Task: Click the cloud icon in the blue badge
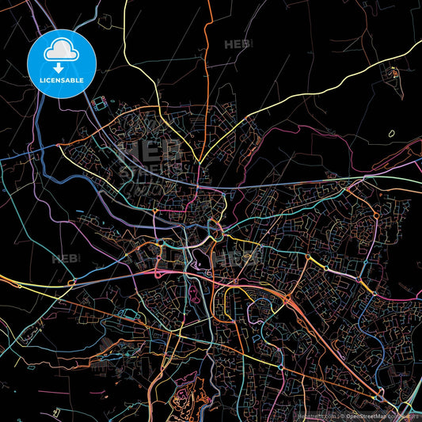click(62, 50)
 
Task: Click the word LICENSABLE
click(62, 79)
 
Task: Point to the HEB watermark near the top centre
click(237, 44)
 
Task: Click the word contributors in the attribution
click(401, 415)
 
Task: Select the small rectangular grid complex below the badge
click(101, 104)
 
